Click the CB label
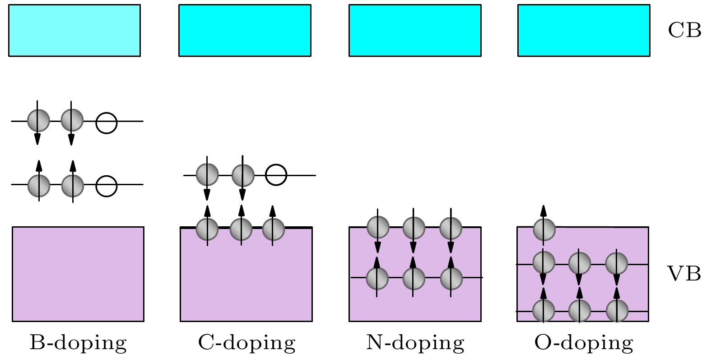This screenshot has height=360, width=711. [684, 30]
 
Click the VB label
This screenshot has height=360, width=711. [684, 274]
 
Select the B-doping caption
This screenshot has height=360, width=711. [78, 343]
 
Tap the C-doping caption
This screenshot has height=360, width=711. [246, 343]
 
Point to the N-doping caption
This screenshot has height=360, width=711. [415, 343]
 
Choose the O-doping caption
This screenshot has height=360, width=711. [584, 343]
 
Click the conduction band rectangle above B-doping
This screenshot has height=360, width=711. [74, 30]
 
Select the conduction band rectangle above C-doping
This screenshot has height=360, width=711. [245, 30]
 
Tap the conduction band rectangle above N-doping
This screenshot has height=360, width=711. [415, 30]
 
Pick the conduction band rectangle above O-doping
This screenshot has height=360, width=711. [584, 30]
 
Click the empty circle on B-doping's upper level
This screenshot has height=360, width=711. [107, 122]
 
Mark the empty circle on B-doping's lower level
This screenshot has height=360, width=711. [107, 186]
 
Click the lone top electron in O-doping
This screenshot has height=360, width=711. [544, 229]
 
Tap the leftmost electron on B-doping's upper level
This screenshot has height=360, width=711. [38, 121]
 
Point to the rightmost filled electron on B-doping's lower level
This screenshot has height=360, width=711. [73, 186]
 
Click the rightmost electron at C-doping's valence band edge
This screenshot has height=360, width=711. [273, 229]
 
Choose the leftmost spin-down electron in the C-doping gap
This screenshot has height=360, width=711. [207, 175]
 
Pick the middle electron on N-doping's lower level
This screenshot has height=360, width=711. [414, 278]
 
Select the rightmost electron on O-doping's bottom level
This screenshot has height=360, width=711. [617, 311]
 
